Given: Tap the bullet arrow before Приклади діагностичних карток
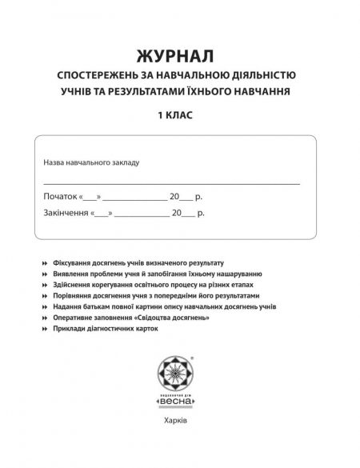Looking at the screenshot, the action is tap(30, 329).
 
